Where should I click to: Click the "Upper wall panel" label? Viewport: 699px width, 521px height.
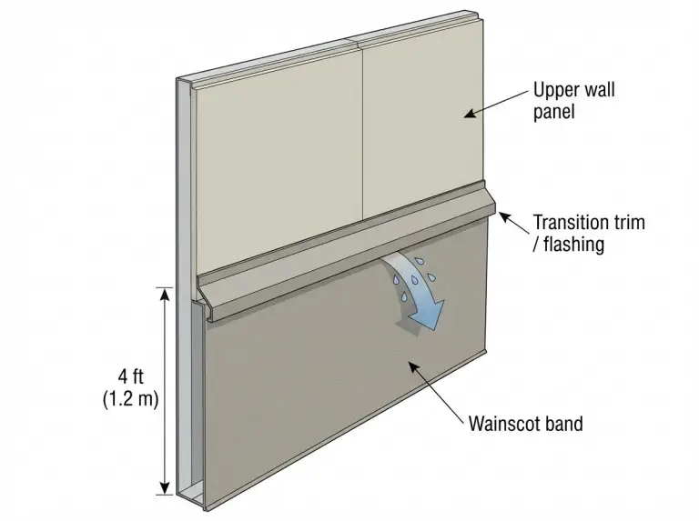click(x=573, y=100)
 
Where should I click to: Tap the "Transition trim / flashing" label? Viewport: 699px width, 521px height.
click(x=589, y=233)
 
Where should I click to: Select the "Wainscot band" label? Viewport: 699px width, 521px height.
click(x=525, y=423)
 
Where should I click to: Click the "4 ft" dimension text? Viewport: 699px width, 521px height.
click(x=131, y=376)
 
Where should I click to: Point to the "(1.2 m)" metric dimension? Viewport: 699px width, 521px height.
click(x=131, y=399)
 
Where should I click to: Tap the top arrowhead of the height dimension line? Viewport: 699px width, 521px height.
click(x=166, y=294)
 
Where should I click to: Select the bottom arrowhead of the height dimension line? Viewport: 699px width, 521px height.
click(x=166, y=488)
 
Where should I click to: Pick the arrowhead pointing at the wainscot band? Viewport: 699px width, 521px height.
click(x=415, y=367)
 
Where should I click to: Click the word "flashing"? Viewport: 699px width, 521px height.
click(x=574, y=244)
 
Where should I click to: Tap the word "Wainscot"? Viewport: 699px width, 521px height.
click(x=502, y=423)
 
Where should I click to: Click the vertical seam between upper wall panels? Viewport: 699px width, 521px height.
click(x=362, y=133)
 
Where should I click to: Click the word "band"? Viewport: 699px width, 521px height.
click(x=563, y=423)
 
